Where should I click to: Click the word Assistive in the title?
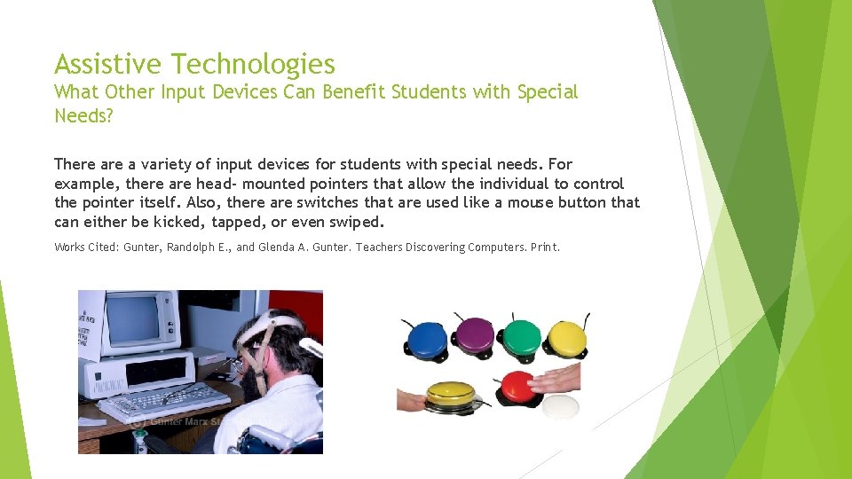point(109,64)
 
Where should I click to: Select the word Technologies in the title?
point(253,64)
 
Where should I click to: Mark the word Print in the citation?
point(544,247)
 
